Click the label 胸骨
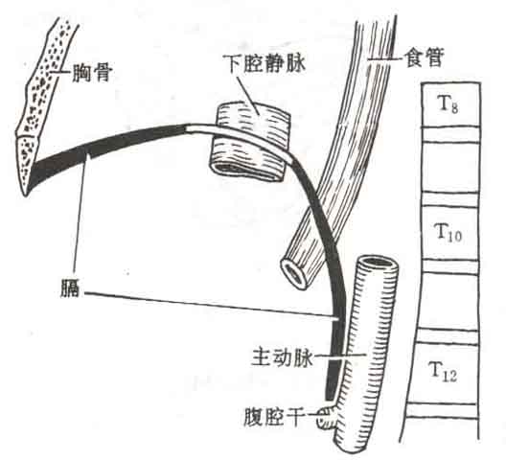pos(92,73)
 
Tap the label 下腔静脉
pos(264,63)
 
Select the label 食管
pos(425,57)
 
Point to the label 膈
pos(70,289)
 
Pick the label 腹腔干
pos(274,416)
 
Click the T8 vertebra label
pos(448,103)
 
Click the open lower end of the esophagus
pos(294,274)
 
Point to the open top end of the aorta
pos(378,262)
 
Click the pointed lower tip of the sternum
pos(26,195)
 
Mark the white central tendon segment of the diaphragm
pos(239,137)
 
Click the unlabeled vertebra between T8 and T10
pos(449,166)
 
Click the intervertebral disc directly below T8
pos(450,133)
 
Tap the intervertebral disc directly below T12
pos(441,410)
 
